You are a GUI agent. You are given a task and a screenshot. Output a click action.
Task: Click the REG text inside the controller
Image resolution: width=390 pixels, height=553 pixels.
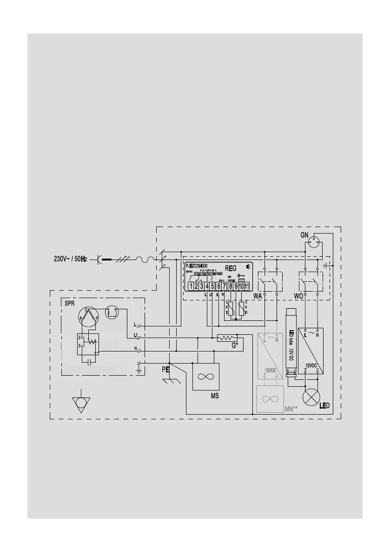click(x=231, y=268)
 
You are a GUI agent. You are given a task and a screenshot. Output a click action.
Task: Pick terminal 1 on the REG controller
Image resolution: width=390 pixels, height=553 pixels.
click(x=191, y=286)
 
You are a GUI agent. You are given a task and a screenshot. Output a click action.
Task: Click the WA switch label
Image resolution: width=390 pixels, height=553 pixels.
click(x=258, y=296)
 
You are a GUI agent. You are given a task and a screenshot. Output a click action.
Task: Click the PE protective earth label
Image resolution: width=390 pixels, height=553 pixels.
click(x=165, y=370)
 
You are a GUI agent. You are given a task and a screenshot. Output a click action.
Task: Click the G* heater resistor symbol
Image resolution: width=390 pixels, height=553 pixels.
click(x=226, y=338)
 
